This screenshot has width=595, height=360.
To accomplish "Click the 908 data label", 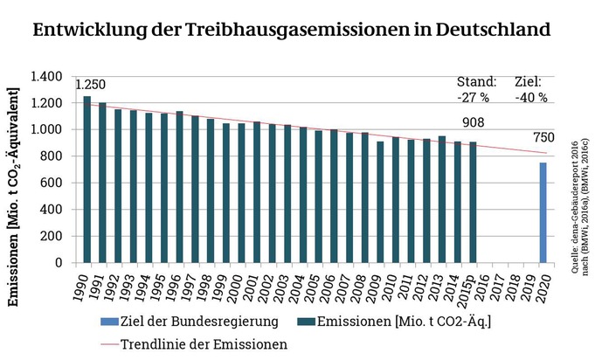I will [x=474, y=123].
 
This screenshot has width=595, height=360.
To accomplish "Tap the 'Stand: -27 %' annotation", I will [x=476, y=89].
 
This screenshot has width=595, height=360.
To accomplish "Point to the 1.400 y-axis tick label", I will [x=45, y=77].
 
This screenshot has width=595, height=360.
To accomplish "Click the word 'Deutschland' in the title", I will [x=487, y=30].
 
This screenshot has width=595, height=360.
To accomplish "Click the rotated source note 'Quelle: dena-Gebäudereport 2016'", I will [x=573, y=207].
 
